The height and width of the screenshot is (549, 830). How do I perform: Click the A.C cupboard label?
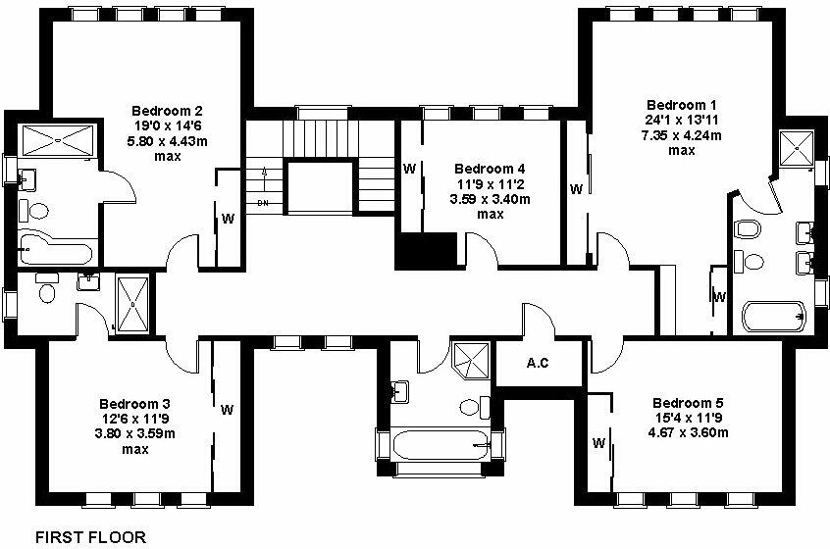tap(537, 364)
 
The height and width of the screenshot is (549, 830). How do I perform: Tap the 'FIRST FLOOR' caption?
tap(90, 537)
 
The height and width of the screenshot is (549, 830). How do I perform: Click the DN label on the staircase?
tap(262, 203)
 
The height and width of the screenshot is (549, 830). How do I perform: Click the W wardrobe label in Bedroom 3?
tap(227, 409)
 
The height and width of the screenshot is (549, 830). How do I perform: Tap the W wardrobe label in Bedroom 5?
tap(597, 443)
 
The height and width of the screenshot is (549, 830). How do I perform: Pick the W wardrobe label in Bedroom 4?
tap(408, 169)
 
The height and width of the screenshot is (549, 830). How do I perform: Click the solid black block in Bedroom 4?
tap(426, 250)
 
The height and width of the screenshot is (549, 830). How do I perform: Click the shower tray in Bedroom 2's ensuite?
tap(55, 140)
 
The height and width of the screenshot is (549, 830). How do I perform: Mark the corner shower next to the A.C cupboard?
tap(472, 359)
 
